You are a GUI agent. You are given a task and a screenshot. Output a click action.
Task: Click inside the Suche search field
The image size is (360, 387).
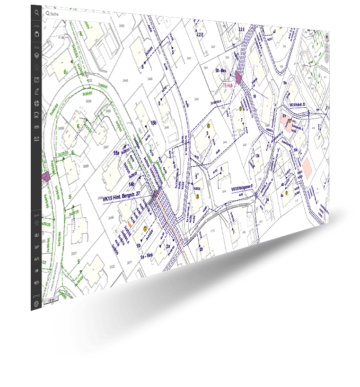coord(76,14)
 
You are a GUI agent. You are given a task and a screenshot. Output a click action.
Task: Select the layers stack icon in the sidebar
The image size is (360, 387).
coord(36,55)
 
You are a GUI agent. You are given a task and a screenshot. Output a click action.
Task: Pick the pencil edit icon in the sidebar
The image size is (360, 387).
coord(36,91)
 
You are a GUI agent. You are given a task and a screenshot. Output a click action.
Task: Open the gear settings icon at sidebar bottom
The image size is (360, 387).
coord(36,304)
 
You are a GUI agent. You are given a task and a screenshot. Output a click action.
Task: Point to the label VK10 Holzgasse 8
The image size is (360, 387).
coord(242,189)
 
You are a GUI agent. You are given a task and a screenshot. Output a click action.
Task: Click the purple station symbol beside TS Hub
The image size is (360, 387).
coord(237,77)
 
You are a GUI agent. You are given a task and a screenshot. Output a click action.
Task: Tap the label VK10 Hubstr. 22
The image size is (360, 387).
coord(298,104)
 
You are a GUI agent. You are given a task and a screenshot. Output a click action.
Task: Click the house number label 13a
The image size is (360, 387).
coord(257,155)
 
